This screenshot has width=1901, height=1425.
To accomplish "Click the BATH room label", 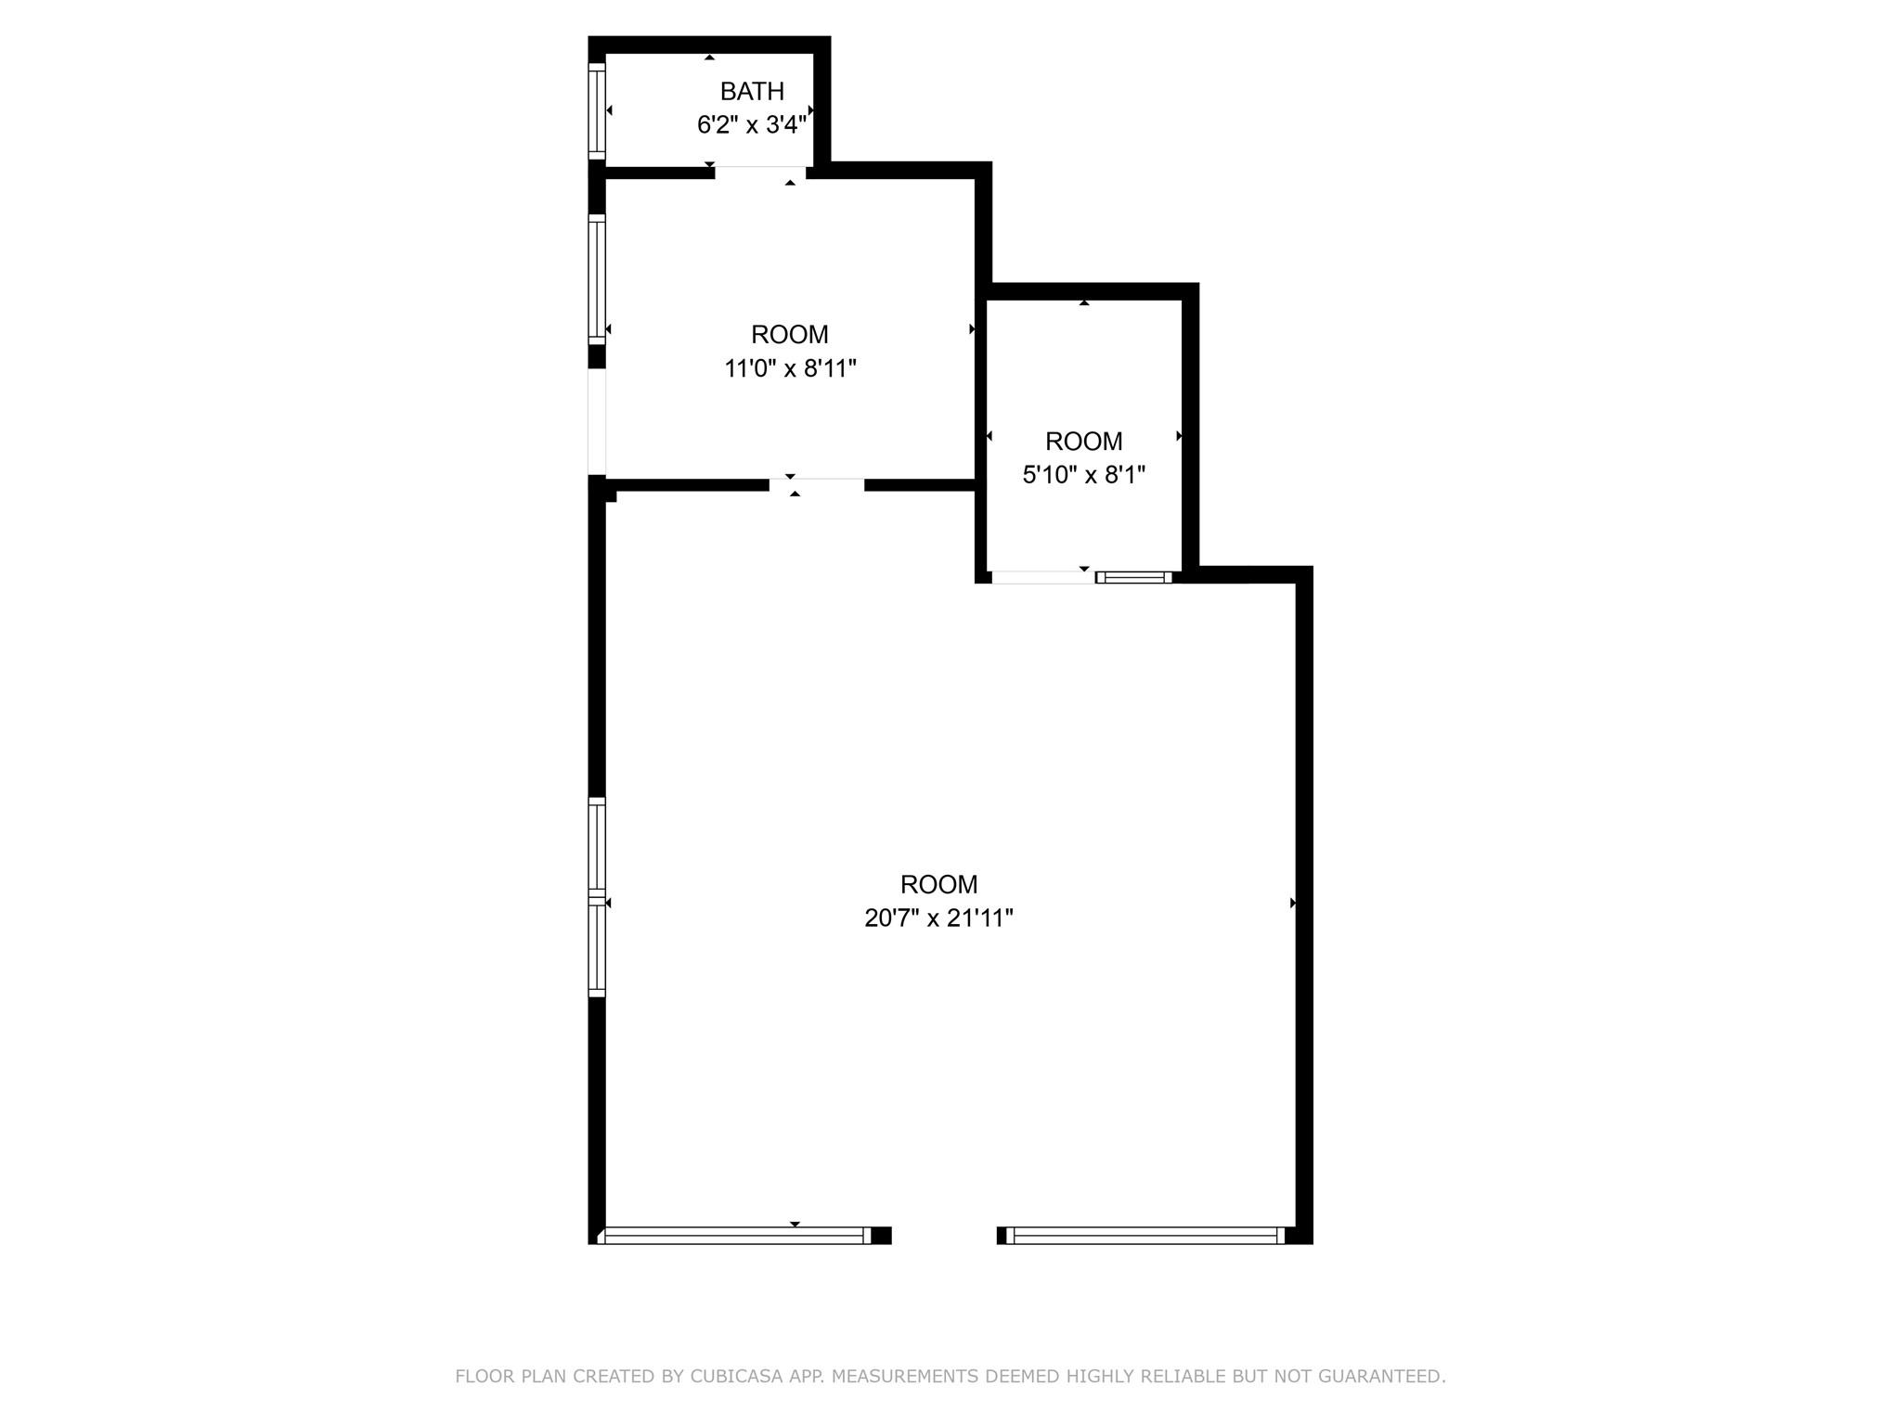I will click(x=752, y=91).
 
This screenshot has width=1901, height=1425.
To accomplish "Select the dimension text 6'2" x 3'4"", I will click(x=751, y=124).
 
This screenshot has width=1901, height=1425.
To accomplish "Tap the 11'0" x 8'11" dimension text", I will click(x=790, y=368).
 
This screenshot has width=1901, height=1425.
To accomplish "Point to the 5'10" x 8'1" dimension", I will click(x=1083, y=475).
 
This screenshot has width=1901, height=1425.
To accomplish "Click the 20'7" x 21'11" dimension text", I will click(x=938, y=918).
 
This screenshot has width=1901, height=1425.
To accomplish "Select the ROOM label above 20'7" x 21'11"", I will click(x=938, y=884).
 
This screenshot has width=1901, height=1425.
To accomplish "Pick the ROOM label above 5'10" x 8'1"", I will click(x=1083, y=441).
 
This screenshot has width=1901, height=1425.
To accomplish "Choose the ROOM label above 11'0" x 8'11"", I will click(x=790, y=334).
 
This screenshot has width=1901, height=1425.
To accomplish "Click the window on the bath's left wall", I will click(x=597, y=110).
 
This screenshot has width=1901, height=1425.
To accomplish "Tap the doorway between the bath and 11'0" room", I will click(x=759, y=172).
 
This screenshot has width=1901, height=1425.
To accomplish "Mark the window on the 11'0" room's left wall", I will click(x=597, y=279).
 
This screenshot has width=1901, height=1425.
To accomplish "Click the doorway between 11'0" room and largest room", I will click(x=816, y=484).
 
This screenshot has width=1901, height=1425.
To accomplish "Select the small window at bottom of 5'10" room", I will click(x=1133, y=577).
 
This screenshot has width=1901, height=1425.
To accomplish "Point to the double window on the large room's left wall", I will click(x=597, y=897).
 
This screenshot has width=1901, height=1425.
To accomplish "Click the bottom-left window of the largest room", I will click(x=734, y=1235).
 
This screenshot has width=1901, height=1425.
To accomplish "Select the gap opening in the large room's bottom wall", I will click(x=944, y=1235).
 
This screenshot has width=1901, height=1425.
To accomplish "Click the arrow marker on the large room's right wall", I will click(x=1293, y=903).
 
